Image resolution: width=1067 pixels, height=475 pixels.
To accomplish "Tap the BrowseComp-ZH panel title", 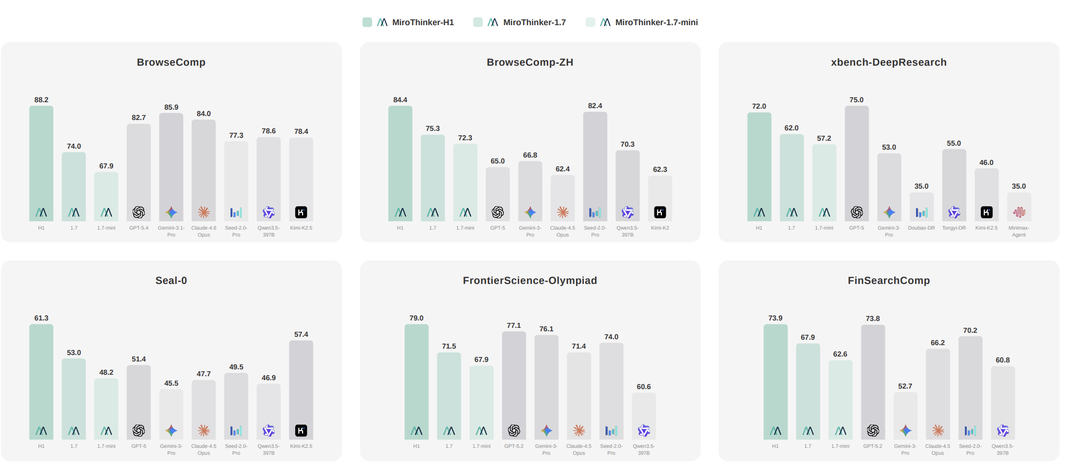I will (530, 62).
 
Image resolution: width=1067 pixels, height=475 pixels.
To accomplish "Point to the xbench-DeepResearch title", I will (888, 62).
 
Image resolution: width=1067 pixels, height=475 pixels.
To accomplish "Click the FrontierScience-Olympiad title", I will (530, 280).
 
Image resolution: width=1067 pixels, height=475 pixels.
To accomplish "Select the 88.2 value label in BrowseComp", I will (41, 100).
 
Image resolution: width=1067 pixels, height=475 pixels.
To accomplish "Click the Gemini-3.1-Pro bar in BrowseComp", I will (171, 163).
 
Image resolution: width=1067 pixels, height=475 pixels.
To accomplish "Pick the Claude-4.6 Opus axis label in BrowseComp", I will (204, 231).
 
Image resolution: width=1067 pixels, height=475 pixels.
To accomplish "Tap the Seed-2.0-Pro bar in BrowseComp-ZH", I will (595, 163).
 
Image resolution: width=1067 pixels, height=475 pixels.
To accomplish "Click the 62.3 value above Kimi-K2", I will (660, 169).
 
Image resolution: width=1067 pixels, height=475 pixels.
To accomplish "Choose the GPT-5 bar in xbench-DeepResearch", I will (856, 158).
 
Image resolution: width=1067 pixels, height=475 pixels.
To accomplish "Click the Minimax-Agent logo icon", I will (1019, 212).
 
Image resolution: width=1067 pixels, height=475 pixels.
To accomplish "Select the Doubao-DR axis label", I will (921, 228).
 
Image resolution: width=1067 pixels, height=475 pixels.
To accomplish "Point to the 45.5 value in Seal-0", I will (171, 383).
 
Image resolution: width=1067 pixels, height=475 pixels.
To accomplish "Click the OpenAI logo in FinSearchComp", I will (873, 431).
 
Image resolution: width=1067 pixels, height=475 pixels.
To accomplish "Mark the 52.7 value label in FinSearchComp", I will (905, 386).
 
